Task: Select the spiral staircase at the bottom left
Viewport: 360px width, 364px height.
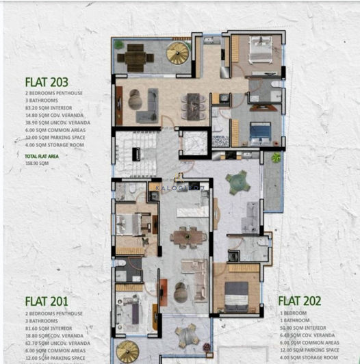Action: click(127, 352)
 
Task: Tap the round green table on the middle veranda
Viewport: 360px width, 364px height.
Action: click(237, 181)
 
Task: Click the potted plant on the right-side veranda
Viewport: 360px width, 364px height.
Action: click(275, 157)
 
